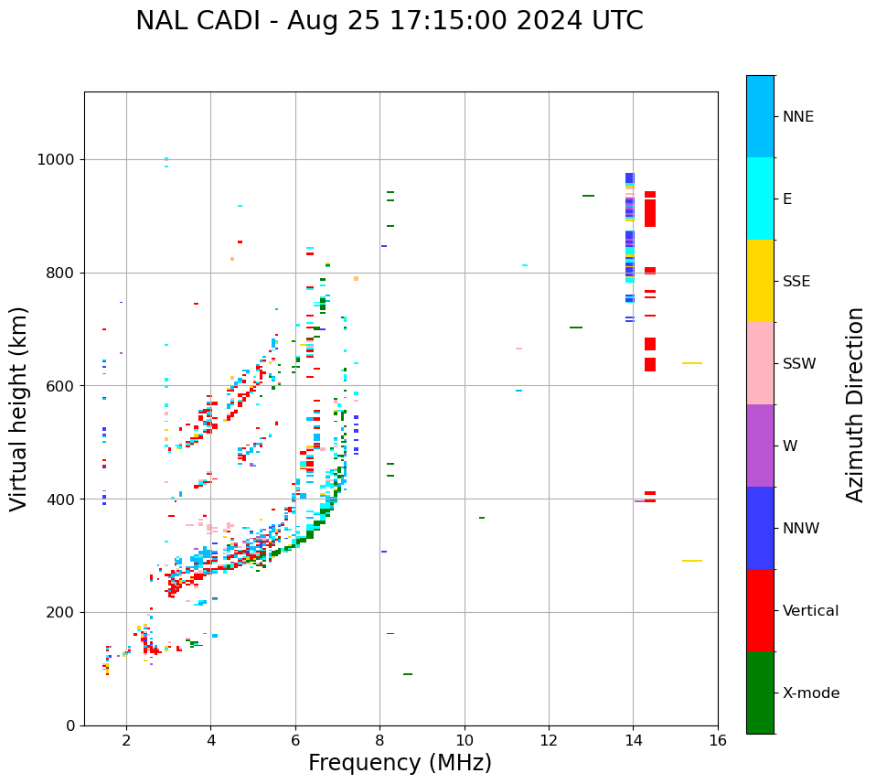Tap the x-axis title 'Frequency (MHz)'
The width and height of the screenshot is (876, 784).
point(400,763)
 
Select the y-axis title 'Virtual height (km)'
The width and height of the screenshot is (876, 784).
point(19,409)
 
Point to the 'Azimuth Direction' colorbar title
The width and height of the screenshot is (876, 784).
point(855,404)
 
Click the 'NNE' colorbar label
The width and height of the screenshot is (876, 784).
point(798,117)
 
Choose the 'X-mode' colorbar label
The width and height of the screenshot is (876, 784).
point(811,693)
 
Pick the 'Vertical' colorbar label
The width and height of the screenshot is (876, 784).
point(810,611)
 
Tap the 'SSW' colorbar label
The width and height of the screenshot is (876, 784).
point(799,364)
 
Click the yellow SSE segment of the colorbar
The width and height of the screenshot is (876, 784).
point(760,281)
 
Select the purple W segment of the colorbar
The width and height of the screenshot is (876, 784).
point(760,446)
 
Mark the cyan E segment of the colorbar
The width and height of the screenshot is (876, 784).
point(760,199)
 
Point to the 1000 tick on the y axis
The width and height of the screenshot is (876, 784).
point(58,160)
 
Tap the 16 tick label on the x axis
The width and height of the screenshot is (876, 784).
point(718,740)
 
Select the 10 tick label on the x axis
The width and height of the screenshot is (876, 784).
point(465,740)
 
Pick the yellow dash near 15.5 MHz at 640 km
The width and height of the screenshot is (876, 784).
point(691,363)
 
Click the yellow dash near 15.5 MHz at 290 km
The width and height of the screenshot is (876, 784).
point(691,561)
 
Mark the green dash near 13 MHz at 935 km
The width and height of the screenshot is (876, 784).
point(588,196)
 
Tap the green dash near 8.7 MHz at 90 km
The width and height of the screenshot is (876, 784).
point(407,674)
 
